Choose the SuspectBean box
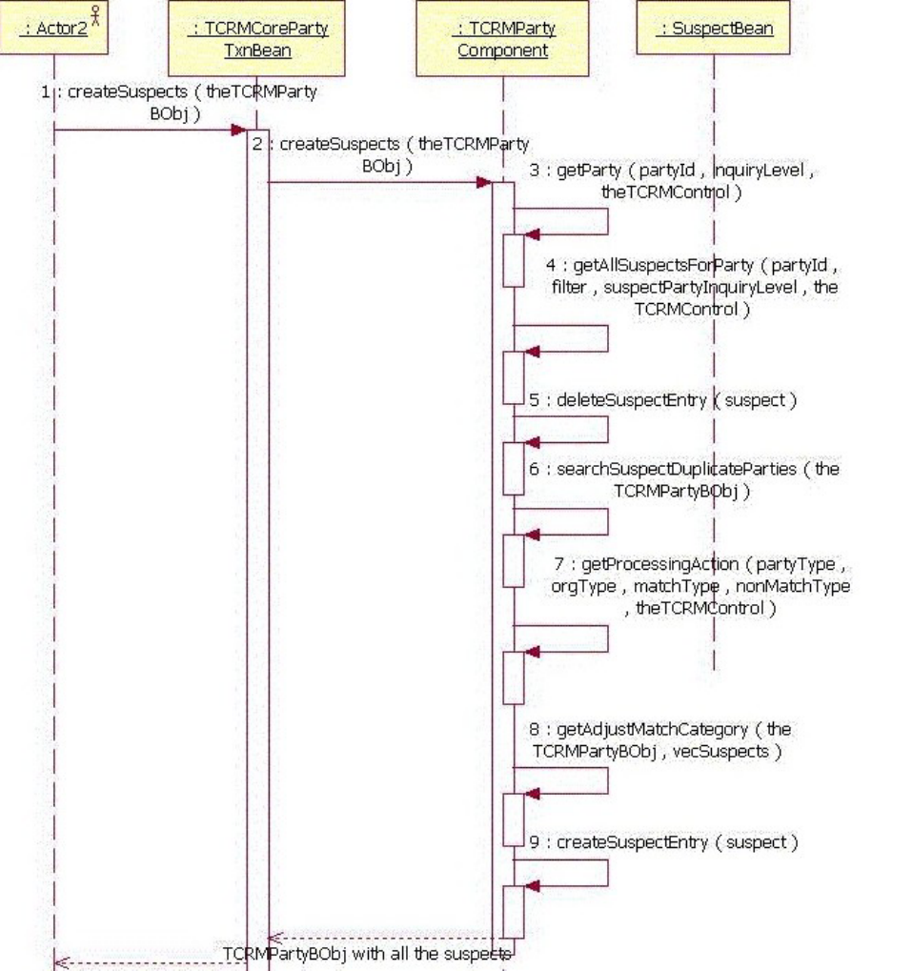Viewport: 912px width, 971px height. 716,29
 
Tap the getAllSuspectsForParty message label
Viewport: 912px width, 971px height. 694,286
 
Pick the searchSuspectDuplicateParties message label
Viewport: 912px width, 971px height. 683,480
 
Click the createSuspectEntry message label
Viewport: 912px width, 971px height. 663,842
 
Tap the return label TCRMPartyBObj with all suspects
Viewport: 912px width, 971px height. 367,954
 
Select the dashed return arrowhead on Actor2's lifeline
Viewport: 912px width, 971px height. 60,962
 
